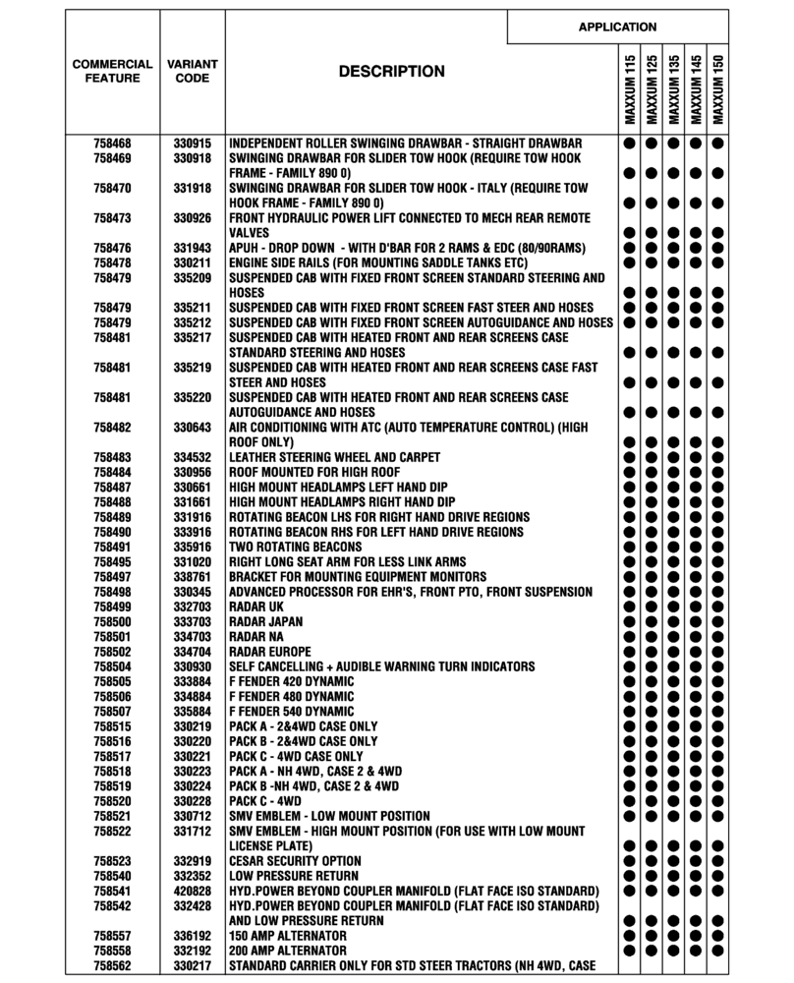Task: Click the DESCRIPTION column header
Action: click(391, 72)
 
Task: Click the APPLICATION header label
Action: click(617, 27)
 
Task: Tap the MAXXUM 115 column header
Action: click(628, 89)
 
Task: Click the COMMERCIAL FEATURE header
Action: click(113, 71)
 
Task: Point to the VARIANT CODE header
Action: click(193, 71)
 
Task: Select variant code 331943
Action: click(193, 248)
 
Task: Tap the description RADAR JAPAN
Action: click(265, 622)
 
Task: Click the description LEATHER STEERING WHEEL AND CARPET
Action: click(334, 458)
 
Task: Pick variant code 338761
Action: click(193, 577)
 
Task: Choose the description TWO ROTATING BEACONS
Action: click(291, 548)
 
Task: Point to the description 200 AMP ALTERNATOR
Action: click(287, 952)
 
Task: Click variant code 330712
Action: click(193, 816)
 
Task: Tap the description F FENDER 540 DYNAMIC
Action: click(291, 712)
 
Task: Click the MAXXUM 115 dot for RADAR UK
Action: click(628, 607)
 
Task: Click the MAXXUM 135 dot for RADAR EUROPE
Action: click(673, 652)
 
